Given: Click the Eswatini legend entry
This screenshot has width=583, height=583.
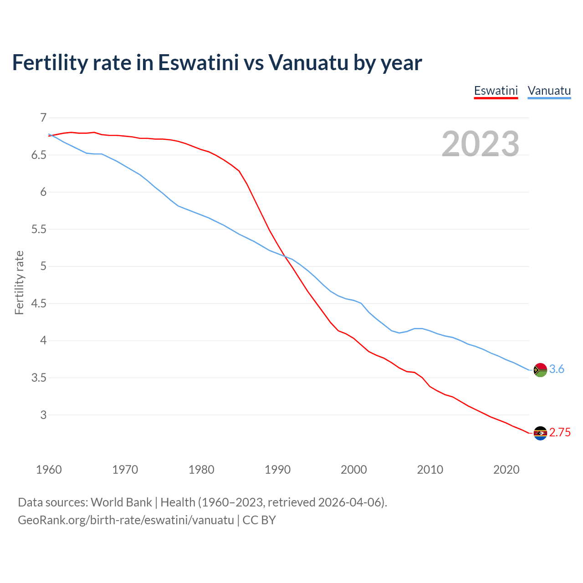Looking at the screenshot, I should pos(496,91).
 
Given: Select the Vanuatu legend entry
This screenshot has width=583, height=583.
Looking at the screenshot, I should pos(549,91).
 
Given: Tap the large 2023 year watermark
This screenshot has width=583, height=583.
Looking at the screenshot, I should pos(481,144).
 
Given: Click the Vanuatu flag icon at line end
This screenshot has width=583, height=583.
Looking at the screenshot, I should pos(540,370).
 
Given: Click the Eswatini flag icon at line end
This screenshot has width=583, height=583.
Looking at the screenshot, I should pos(540,433).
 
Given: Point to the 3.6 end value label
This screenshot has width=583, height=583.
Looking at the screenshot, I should pos(557,369).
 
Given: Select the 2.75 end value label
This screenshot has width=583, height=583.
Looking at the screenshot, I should pos(560,433).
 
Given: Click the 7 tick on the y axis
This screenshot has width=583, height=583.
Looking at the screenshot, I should pos(43,118).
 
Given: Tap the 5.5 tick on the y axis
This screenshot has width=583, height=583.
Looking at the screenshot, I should pos(39,230).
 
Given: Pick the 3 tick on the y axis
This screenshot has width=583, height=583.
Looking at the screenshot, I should pos(43,415).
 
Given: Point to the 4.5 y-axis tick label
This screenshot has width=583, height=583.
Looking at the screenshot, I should pos(39,304).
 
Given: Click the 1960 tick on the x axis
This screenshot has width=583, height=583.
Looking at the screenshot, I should pos(49,470).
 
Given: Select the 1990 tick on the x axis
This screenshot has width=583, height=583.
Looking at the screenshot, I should pos(277,470).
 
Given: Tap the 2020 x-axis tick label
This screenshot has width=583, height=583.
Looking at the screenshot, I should pos(506,470).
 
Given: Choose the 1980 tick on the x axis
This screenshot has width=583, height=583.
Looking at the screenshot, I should pos(201,470).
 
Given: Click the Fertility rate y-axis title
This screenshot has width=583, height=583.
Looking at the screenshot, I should pos(19,282).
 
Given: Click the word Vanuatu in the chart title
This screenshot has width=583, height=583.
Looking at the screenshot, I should pos(308,63).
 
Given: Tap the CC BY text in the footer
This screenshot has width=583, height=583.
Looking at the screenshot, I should pos(259,520).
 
